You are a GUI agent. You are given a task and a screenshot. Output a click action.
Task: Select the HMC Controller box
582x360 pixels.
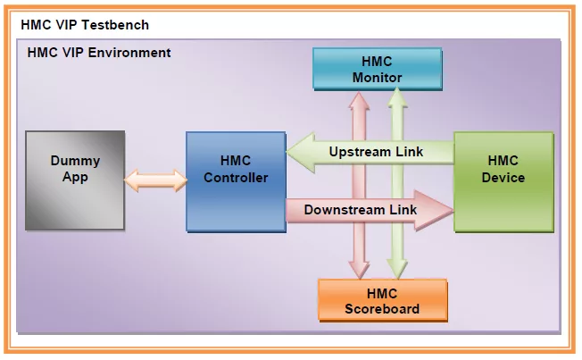pyautogui.click(x=235, y=179)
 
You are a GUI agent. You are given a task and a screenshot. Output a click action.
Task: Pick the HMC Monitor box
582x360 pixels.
pyautogui.click(x=377, y=69)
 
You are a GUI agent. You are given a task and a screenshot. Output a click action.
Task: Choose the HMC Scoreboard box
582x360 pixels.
pyautogui.click(x=382, y=301)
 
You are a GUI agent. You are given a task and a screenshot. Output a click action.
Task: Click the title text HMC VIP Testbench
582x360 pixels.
pyautogui.click(x=85, y=24)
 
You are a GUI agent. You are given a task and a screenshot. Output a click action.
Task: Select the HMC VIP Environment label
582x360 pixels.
pyautogui.click(x=99, y=53)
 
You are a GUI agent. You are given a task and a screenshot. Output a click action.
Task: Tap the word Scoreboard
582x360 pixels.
pyautogui.click(x=382, y=309)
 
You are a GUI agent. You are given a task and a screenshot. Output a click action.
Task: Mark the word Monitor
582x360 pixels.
pyautogui.click(x=377, y=78)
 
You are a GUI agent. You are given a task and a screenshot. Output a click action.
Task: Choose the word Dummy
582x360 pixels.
pyautogui.click(x=76, y=162)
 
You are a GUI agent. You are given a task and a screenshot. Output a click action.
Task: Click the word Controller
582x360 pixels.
pyautogui.click(x=236, y=178)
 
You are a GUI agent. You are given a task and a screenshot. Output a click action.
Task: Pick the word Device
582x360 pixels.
pyautogui.click(x=503, y=177)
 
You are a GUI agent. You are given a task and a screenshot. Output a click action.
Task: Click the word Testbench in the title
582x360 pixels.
pyautogui.click(x=115, y=24)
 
